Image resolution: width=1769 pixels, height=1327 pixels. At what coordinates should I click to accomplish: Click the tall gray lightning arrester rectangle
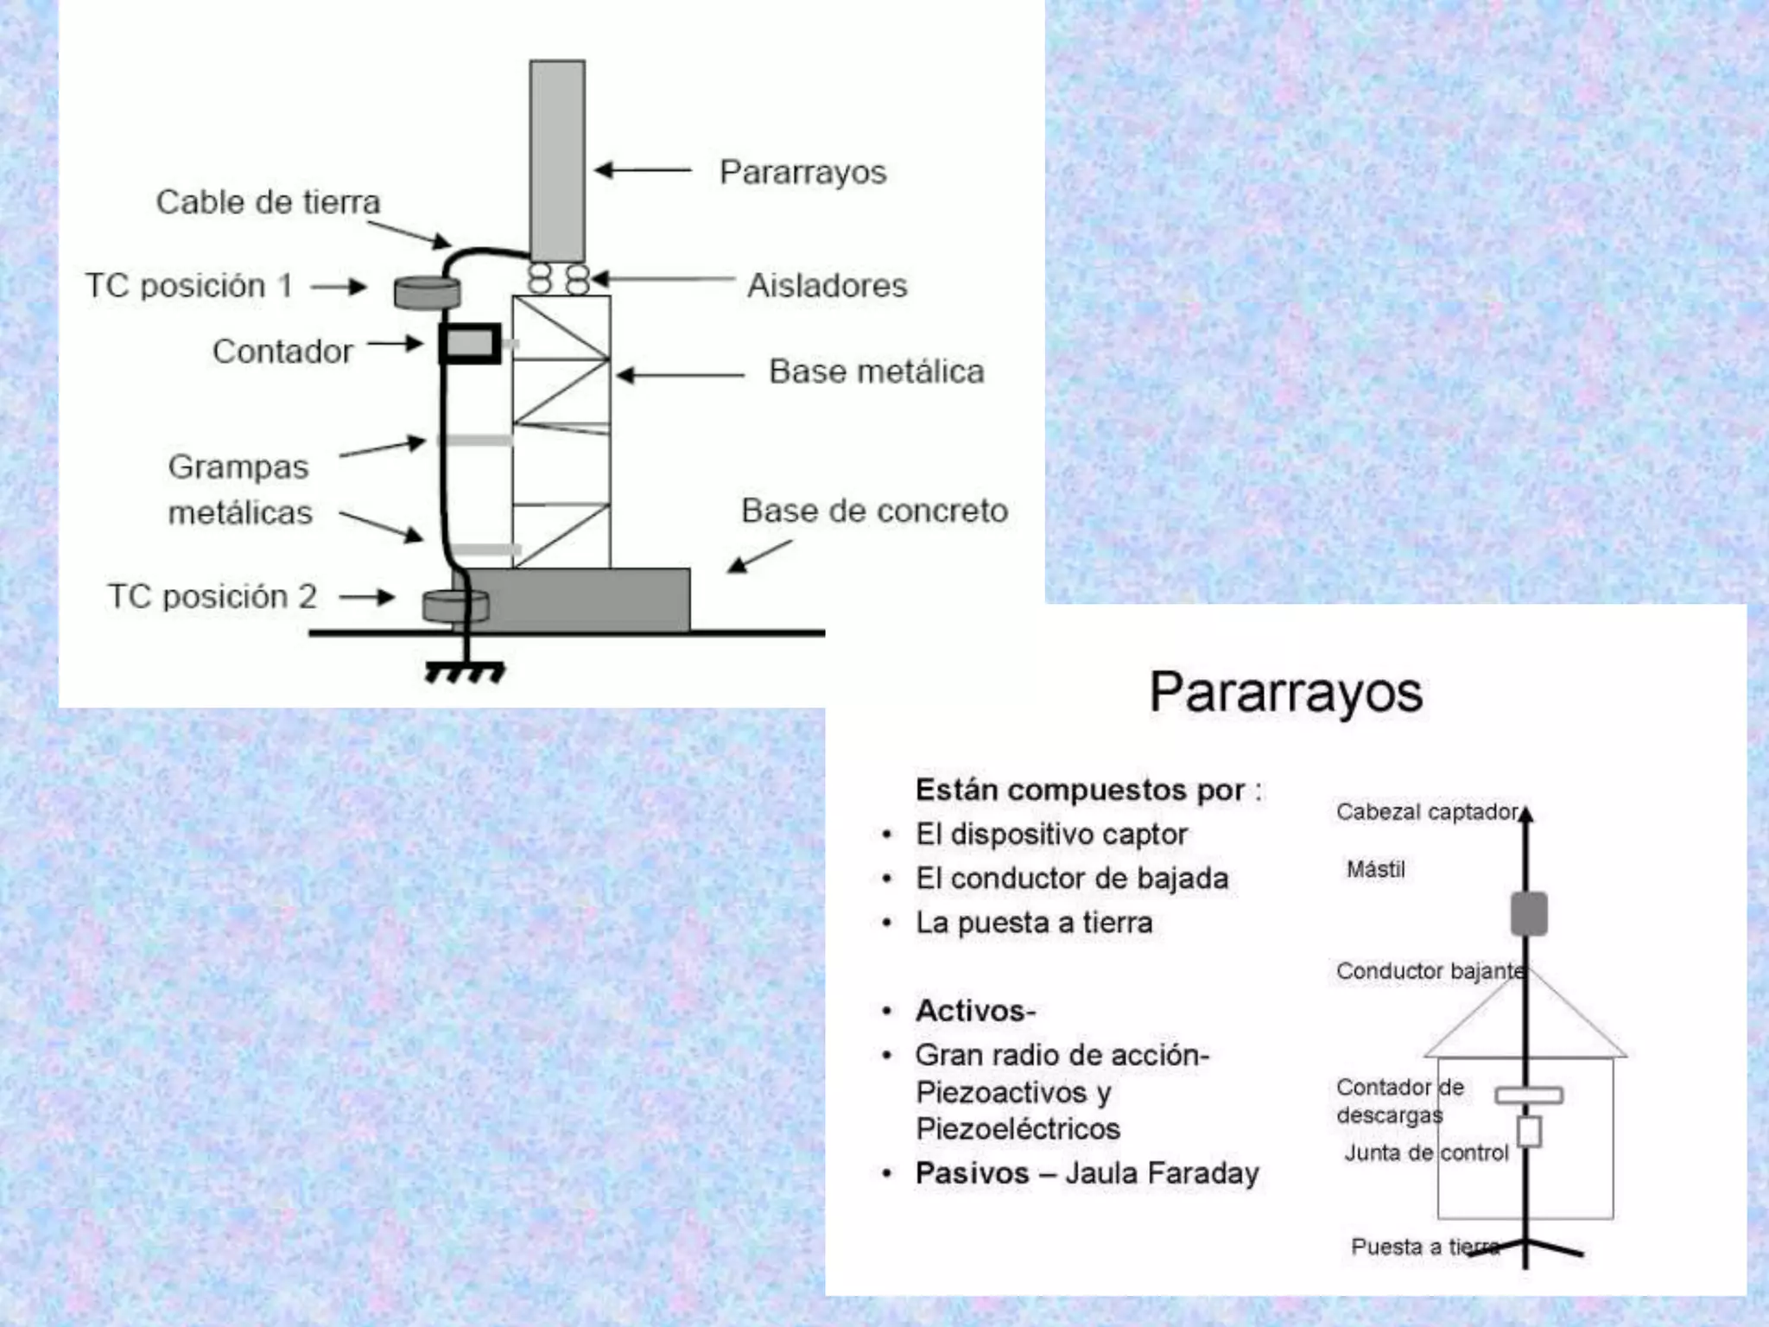[x=557, y=161]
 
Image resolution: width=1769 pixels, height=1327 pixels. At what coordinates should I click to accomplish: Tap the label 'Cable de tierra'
[x=268, y=202]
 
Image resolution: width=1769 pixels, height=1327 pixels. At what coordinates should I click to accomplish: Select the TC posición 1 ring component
[x=427, y=292]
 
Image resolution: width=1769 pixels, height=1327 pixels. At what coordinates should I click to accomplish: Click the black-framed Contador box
[x=470, y=344]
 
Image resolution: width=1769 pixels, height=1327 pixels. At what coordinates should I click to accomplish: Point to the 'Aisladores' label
[x=827, y=286]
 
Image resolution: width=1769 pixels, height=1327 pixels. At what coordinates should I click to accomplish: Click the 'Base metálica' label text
[x=876, y=371]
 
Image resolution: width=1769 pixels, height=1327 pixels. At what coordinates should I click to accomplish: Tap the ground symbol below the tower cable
[x=466, y=670]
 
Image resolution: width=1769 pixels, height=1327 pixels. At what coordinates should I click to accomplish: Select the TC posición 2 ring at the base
[x=454, y=606]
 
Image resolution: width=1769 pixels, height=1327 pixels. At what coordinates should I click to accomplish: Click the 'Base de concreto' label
[x=874, y=511]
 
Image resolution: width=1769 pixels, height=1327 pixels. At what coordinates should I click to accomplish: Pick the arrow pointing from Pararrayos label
[x=644, y=170]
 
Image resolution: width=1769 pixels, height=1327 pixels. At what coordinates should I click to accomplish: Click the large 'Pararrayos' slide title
[x=1285, y=693]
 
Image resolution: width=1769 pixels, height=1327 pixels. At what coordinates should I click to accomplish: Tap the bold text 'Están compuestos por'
[x=1081, y=790]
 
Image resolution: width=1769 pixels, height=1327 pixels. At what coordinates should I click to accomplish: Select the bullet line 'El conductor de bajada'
[x=1072, y=879]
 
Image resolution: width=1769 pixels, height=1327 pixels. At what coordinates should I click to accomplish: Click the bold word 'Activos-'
[x=975, y=1010]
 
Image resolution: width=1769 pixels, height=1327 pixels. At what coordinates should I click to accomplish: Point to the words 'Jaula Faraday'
[x=1162, y=1173]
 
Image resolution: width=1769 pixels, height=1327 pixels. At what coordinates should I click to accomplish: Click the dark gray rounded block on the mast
[x=1528, y=914]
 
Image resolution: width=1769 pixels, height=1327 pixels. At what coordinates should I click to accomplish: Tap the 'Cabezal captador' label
[x=1427, y=812]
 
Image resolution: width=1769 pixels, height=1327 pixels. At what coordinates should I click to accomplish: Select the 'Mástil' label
[x=1376, y=869]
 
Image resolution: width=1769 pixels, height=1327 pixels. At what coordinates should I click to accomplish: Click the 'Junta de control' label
[x=1426, y=1152]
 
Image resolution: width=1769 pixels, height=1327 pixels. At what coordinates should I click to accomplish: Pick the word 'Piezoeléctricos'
[x=1018, y=1129]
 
